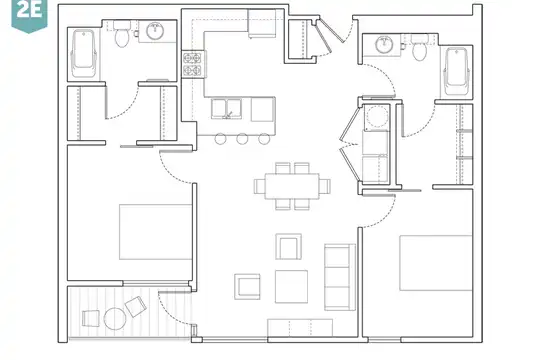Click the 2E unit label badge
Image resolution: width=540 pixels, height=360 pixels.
[29, 15]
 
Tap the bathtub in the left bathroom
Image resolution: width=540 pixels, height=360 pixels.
[83, 54]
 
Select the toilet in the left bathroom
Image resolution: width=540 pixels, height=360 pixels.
[121, 35]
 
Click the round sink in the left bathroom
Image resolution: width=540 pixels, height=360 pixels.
[155, 31]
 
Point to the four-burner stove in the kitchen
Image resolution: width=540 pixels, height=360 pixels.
[192, 64]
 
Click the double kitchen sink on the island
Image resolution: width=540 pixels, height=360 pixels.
[226, 109]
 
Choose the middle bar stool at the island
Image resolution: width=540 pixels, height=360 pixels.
[242, 138]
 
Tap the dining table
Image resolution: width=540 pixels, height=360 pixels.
[292, 186]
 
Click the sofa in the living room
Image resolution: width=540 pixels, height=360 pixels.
[340, 277]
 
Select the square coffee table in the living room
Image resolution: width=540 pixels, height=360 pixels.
[291, 287]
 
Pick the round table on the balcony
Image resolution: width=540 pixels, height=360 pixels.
[115, 319]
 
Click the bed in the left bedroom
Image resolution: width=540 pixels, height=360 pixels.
[156, 232]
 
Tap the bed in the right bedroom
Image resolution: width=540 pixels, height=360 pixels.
[436, 263]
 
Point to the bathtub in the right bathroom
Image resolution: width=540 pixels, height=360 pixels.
[457, 71]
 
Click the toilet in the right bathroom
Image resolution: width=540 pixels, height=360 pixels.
[419, 47]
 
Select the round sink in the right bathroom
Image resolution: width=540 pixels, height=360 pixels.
[384, 44]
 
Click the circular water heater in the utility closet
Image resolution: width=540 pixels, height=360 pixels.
[376, 116]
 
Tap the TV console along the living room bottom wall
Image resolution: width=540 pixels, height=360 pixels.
[300, 328]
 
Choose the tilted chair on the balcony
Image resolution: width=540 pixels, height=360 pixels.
[136, 306]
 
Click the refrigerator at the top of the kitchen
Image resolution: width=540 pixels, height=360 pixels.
[262, 23]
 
